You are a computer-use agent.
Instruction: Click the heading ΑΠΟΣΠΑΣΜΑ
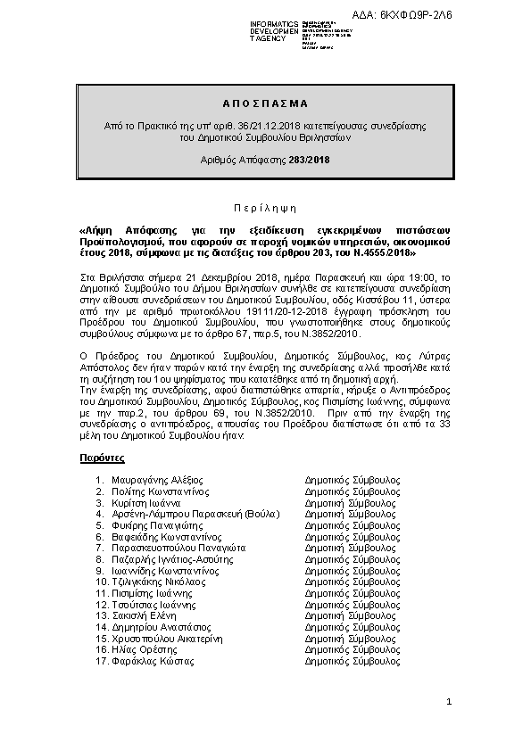pos(264,103)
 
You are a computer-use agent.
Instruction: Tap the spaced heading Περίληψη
pos(265,204)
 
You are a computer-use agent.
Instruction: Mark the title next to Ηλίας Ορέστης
pos(353,650)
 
